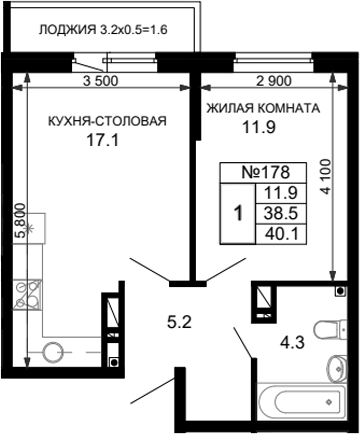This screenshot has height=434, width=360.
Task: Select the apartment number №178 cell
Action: pyautogui.click(x=264, y=173)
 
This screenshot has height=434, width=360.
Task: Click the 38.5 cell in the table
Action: pyautogui.click(x=280, y=213)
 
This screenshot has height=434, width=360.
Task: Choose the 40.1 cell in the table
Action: pyautogui.click(x=280, y=232)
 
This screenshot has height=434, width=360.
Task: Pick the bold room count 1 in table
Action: pyautogui.click(x=236, y=213)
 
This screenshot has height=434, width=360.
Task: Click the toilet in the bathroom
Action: pyautogui.click(x=326, y=329)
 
